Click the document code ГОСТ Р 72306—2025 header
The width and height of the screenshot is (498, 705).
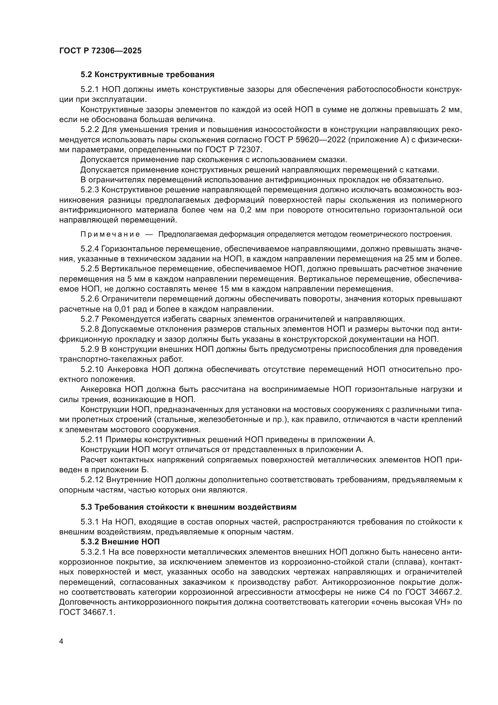pos(100,51)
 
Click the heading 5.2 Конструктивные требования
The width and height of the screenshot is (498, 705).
pos(147,75)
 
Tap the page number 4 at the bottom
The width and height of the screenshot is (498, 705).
pos(61,641)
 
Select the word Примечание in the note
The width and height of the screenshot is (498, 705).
pos(110,234)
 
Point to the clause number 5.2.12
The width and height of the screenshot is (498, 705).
pos(92,479)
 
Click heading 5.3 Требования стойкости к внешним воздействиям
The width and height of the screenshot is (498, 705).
pos(188,507)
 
